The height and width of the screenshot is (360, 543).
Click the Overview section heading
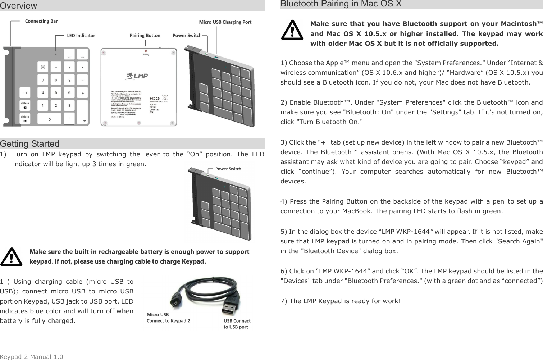point(19,6)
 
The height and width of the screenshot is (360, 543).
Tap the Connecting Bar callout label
point(41,21)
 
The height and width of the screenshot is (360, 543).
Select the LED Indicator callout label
point(81,36)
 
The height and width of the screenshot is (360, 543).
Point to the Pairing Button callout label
point(145,36)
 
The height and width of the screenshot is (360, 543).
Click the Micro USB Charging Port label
point(225,22)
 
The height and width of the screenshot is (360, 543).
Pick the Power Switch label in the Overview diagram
point(187,36)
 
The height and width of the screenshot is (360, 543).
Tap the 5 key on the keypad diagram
point(56,93)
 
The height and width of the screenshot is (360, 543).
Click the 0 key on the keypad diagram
point(50,119)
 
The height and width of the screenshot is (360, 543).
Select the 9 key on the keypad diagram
point(69,80)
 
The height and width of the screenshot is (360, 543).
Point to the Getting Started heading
point(30,144)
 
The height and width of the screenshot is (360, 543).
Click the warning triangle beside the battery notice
point(11,256)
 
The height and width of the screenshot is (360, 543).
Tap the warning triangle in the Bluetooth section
point(292,31)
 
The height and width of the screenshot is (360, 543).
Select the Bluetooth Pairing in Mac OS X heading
point(341,4)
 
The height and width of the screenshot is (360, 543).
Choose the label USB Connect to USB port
point(237,324)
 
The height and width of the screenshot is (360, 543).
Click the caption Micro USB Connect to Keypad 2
point(168,318)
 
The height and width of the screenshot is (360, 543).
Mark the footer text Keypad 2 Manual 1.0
point(32,357)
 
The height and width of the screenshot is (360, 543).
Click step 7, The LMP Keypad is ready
point(340,301)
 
